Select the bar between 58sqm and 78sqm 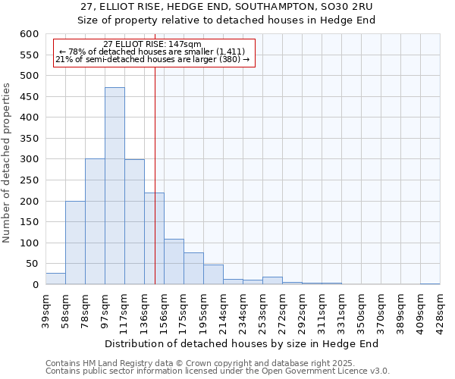pos(75,243)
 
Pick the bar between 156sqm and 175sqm pos(174,262)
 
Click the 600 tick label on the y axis pos(28,34)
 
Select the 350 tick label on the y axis pos(28,139)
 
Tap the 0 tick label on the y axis pos(35,285)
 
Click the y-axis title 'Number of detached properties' pos(8,164)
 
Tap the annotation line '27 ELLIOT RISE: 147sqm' pos(152,45)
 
